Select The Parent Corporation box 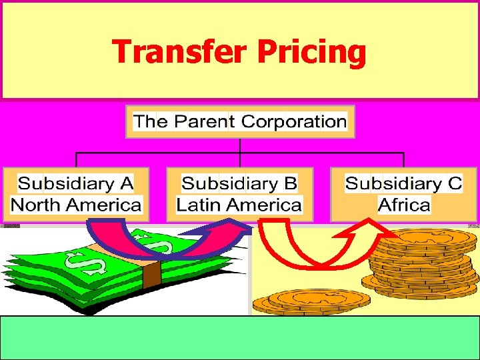coord(240,121)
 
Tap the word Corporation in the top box coord(293,121)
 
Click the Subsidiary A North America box coord(76,194)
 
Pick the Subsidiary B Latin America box coord(239,194)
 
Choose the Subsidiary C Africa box coord(404,194)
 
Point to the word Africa coord(404,205)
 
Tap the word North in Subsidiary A coord(37,205)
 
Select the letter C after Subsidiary coord(455,183)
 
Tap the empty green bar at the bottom coord(240,337)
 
